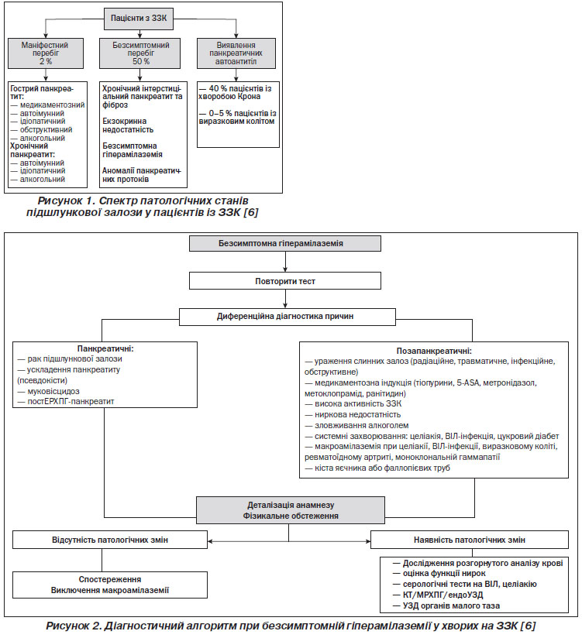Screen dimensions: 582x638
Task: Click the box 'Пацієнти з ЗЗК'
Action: [139, 19]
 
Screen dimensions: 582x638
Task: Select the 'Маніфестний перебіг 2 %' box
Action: [46, 53]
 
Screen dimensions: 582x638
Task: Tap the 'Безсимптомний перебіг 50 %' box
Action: [140, 53]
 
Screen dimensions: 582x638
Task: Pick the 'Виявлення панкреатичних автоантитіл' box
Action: [236, 53]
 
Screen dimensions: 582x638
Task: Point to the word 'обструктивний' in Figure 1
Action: [46, 130]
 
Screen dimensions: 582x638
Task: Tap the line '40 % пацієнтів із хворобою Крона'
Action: [236, 92]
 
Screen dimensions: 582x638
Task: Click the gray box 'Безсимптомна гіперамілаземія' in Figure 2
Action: [285, 243]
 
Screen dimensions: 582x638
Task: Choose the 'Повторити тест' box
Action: [285, 281]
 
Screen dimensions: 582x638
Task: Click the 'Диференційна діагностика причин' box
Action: [288, 317]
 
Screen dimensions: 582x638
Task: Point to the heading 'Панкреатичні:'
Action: [105, 348]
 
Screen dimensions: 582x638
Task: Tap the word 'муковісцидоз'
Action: [53, 391]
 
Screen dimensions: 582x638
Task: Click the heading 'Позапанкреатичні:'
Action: [434, 351]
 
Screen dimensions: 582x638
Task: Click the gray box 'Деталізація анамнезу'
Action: [291, 510]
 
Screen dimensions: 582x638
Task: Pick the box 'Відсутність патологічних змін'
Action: [110, 540]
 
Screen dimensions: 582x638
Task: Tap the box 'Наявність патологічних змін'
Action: [470, 540]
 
